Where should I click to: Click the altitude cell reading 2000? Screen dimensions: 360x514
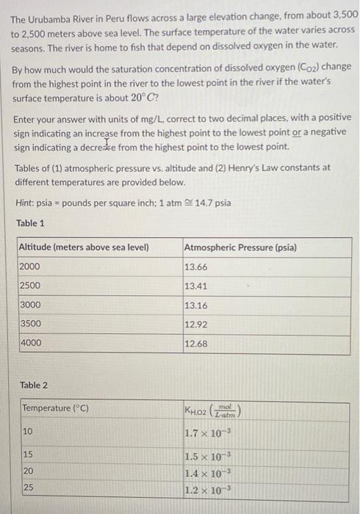pyautogui.click(x=30, y=267)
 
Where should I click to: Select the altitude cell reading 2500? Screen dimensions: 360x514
pyautogui.click(x=30, y=286)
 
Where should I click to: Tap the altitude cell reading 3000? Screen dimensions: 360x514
pyautogui.click(x=30, y=305)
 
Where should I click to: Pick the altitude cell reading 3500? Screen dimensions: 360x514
pyautogui.click(x=30, y=323)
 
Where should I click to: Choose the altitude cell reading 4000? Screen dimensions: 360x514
pyautogui.click(x=30, y=342)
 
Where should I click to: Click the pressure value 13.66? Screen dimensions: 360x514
pyautogui.click(x=195, y=267)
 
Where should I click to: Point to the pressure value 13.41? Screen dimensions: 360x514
pyautogui.click(x=195, y=286)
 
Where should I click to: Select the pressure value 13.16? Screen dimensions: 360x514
pyautogui.click(x=195, y=305)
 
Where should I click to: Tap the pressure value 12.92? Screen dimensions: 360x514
pyautogui.click(x=195, y=323)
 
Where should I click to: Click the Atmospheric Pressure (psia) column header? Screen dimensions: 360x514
pyautogui.click(x=240, y=247)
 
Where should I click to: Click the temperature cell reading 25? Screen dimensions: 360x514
pyautogui.click(x=27, y=487)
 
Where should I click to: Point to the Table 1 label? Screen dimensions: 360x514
pyautogui.click(x=29, y=222)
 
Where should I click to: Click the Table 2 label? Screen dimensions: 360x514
pyautogui.click(x=34, y=385)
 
